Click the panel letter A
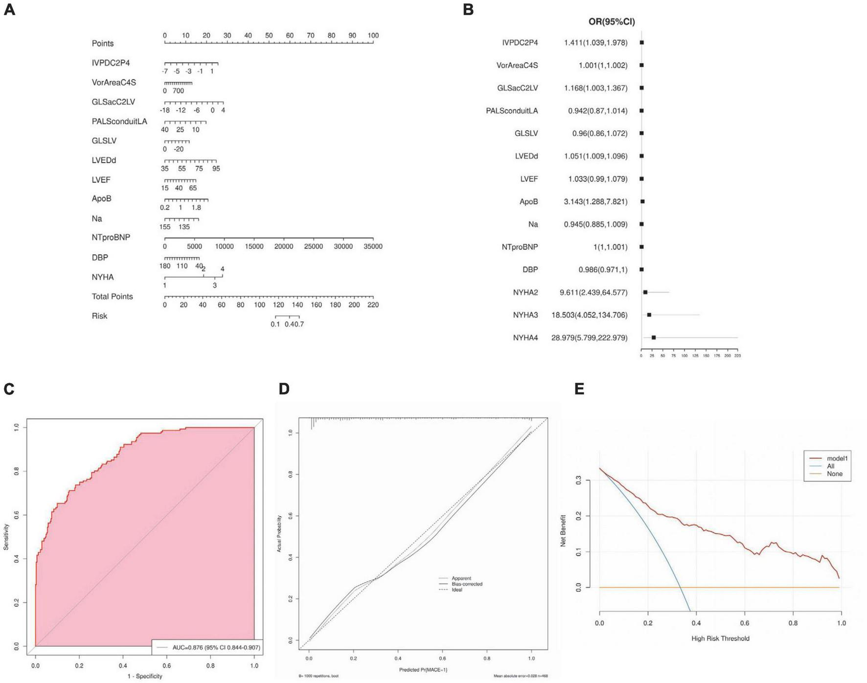click(x=9, y=9)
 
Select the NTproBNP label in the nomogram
click(x=111, y=237)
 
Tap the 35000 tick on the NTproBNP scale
click(x=373, y=246)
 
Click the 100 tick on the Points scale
click(x=373, y=36)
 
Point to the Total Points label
click(x=112, y=296)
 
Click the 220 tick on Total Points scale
click(x=373, y=305)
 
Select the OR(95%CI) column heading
click(x=611, y=22)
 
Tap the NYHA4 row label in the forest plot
click(x=525, y=338)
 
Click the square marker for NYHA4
click(x=653, y=338)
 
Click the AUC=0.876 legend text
click(x=216, y=647)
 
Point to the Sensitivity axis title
click(x=6, y=537)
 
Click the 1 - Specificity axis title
click(x=145, y=676)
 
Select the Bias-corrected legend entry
click(x=467, y=584)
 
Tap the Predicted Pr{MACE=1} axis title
click(x=423, y=669)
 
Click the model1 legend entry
click(x=837, y=458)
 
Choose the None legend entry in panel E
click(x=834, y=474)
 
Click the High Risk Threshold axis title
click(x=720, y=638)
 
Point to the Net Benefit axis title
click(x=563, y=530)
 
